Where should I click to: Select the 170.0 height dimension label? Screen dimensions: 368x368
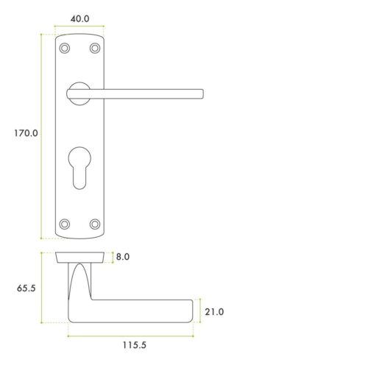[x=24, y=134]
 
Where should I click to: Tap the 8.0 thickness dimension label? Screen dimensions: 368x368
[x=122, y=258]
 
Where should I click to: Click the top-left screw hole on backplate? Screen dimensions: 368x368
[x=65, y=49]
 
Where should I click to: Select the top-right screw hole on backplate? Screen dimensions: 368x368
[x=94, y=49]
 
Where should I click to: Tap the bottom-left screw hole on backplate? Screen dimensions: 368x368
[x=65, y=223]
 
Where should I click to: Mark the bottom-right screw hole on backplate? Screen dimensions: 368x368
[x=94, y=223]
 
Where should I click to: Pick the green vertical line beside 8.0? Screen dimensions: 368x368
[x=110, y=258]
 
